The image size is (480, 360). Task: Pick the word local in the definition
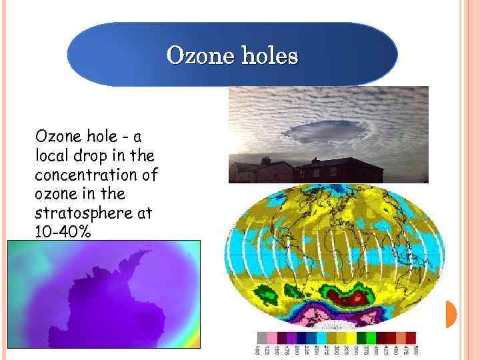click(49, 156)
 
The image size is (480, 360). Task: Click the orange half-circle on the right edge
click(450, 314)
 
